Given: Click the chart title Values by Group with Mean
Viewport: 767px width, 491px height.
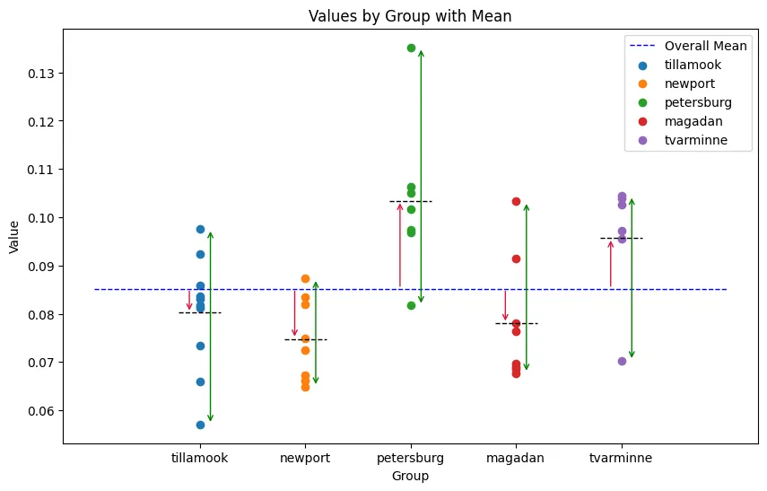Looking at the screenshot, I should click(x=410, y=16).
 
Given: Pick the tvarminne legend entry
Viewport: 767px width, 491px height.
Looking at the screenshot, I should click(x=695, y=140).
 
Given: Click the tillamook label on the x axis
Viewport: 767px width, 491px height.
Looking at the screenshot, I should click(x=199, y=458).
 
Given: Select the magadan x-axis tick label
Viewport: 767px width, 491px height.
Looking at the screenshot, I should click(x=516, y=458).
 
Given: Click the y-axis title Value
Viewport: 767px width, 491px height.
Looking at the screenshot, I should click(x=13, y=235).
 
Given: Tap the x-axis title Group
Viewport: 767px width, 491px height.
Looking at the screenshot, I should click(x=410, y=477).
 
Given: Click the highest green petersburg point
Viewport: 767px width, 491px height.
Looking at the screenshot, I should click(x=411, y=48).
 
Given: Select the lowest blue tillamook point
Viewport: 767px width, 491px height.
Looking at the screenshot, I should click(x=200, y=425).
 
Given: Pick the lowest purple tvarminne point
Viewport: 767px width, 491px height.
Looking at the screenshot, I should click(x=622, y=361).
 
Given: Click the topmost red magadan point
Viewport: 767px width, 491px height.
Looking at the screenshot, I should click(x=516, y=201).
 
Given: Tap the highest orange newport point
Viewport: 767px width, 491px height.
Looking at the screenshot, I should click(x=305, y=278).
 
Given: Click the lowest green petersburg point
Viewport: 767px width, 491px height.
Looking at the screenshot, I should click(x=411, y=305).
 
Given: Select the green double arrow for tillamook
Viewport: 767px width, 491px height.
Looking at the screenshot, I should click(x=210, y=327).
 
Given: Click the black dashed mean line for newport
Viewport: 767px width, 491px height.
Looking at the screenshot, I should click(x=305, y=339).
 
